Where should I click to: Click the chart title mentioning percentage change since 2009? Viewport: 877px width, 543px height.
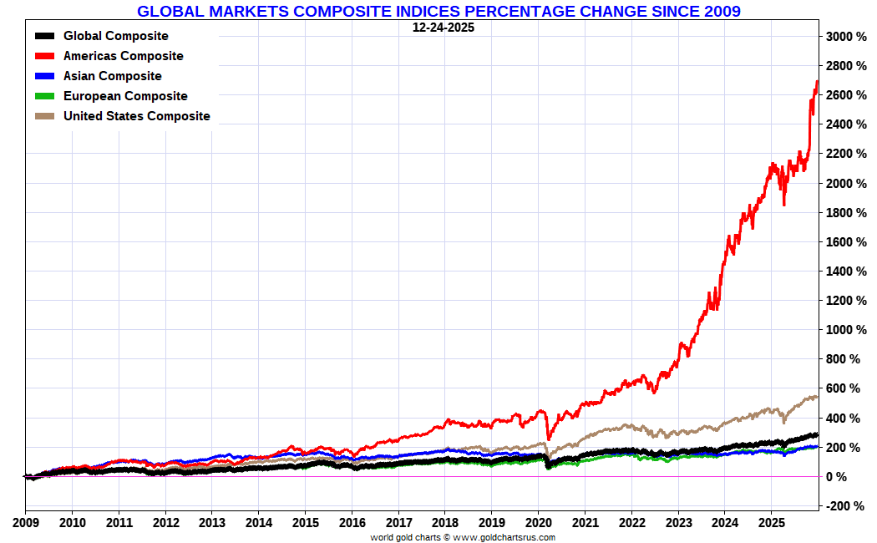pos(438,11)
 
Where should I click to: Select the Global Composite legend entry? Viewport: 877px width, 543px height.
pos(115,36)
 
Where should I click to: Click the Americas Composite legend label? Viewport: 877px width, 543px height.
pos(123,56)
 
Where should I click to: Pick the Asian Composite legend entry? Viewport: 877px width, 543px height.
pos(112,76)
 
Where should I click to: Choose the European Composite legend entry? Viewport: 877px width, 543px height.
pos(125,96)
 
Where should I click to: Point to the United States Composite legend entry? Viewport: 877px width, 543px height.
pos(136,116)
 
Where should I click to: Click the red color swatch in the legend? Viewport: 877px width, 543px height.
pos(45,56)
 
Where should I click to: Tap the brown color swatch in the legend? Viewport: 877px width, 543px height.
pos(45,116)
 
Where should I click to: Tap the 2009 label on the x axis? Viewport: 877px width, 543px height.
pos(25,523)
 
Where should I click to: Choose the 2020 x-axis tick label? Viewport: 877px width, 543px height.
pos(538,523)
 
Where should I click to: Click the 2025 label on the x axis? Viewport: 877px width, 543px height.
pos(771,523)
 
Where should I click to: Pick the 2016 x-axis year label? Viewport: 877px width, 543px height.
pos(352,523)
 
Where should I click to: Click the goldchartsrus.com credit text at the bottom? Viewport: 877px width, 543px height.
pos(463,537)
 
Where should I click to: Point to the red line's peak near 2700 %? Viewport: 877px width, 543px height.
pos(816,82)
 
